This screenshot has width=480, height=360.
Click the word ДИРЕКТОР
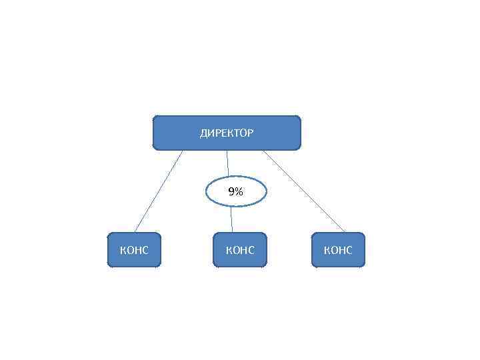tap(227, 133)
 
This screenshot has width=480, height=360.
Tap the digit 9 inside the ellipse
tap(231, 192)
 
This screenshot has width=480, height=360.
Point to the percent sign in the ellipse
tap(239, 192)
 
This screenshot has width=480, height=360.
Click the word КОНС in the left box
tap(134, 251)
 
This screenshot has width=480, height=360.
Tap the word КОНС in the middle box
tap(240, 251)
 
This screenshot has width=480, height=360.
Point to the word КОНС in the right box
tap(338, 251)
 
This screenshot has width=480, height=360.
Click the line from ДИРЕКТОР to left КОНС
tap(158, 191)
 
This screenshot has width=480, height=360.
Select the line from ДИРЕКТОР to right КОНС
tap(303, 191)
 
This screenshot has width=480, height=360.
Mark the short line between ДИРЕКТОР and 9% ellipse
tap(227, 163)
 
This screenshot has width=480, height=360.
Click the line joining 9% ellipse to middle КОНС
tap(232, 220)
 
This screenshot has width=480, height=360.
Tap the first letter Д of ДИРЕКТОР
tap(203, 133)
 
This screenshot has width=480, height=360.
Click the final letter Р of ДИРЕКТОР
tap(250, 133)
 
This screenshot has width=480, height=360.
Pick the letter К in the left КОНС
tap(123, 251)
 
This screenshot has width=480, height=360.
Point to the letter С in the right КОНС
tap(349, 251)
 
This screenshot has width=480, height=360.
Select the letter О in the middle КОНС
tap(236, 251)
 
